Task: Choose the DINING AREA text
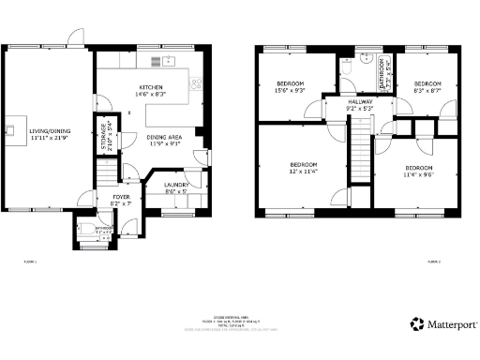[x=162, y=139]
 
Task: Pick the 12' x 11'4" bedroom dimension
[x=304, y=172]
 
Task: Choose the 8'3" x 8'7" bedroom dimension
[x=427, y=90]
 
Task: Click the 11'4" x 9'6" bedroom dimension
[x=417, y=173]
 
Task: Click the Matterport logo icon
[x=416, y=324]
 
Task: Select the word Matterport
[x=452, y=324]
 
